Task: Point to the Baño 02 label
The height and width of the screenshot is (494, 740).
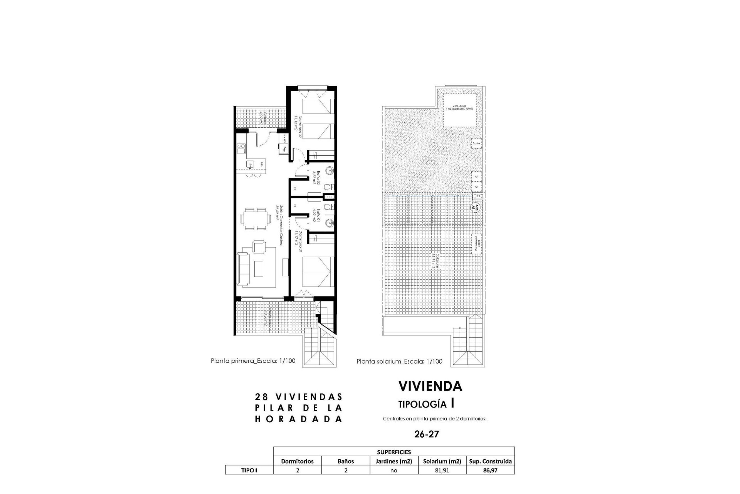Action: [314, 178]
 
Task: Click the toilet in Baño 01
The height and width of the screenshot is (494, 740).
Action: [327, 208]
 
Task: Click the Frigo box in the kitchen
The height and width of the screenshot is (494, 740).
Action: [285, 149]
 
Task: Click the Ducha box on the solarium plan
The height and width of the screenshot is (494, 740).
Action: [476, 144]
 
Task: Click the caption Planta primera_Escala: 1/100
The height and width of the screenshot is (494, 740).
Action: [253, 361]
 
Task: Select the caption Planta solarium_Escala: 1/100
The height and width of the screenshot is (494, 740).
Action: [399, 362]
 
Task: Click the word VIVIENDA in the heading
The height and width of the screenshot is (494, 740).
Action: [430, 386]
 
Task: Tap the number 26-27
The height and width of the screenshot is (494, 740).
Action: [427, 434]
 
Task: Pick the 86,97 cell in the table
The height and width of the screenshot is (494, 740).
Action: [490, 470]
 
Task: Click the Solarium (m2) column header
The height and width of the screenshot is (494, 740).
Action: [442, 461]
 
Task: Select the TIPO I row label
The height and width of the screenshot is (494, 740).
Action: [249, 470]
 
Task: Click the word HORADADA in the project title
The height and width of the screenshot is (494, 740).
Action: [299, 420]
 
